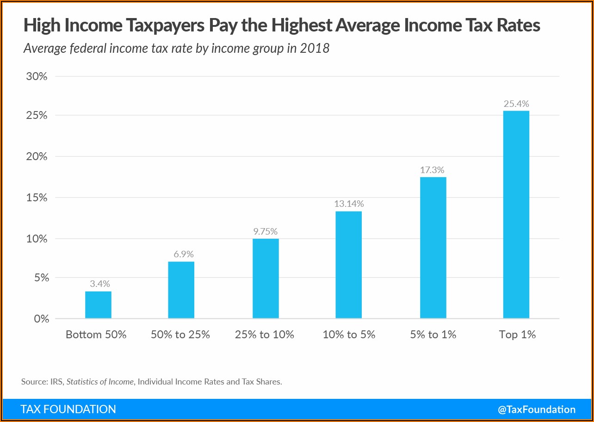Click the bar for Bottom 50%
(98, 304)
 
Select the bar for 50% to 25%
(181, 290)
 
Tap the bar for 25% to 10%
(266, 278)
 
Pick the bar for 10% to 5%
(348, 265)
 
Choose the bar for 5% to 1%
(433, 248)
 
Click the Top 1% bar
(516, 214)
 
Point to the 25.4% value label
(516, 104)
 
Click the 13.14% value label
(349, 204)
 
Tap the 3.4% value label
(99, 284)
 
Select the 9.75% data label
(266, 231)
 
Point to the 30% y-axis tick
(37, 76)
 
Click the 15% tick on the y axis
(37, 198)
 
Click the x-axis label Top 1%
(517, 335)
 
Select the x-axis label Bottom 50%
(96, 335)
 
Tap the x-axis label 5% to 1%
(433, 335)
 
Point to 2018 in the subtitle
(315, 48)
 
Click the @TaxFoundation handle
(537, 410)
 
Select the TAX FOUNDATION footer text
(68, 410)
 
